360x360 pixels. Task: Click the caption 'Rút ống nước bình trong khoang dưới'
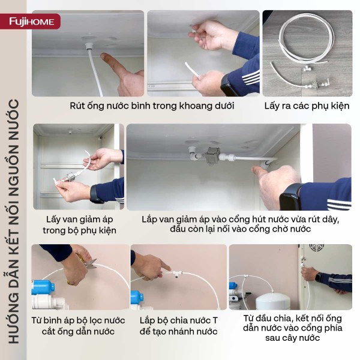pyautogui.click(x=151, y=106)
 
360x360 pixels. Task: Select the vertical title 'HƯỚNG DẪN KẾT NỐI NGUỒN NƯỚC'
pyautogui.click(x=14, y=222)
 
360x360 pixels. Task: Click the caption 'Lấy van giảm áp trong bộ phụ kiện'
pyautogui.click(x=78, y=225)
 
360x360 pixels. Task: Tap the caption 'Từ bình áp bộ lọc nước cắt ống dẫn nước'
pyautogui.click(x=78, y=326)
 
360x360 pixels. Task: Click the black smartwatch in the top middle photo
pyautogui.click(x=230, y=85)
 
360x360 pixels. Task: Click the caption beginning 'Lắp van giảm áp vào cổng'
pyautogui.click(x=240, y=225)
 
